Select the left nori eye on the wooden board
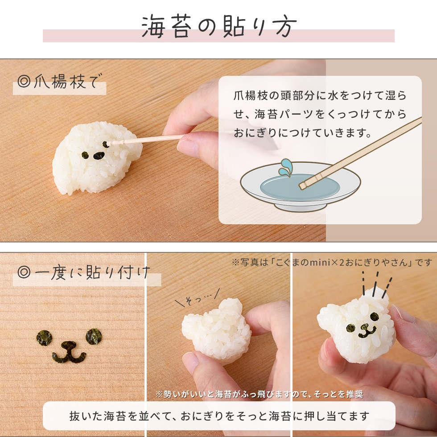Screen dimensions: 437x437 44,338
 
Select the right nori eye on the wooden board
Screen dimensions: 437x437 94,335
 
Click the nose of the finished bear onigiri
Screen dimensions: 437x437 365,327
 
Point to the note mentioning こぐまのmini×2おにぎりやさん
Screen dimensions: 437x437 332,262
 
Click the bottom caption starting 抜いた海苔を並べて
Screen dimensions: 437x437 219,416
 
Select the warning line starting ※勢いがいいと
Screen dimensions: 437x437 260,394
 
